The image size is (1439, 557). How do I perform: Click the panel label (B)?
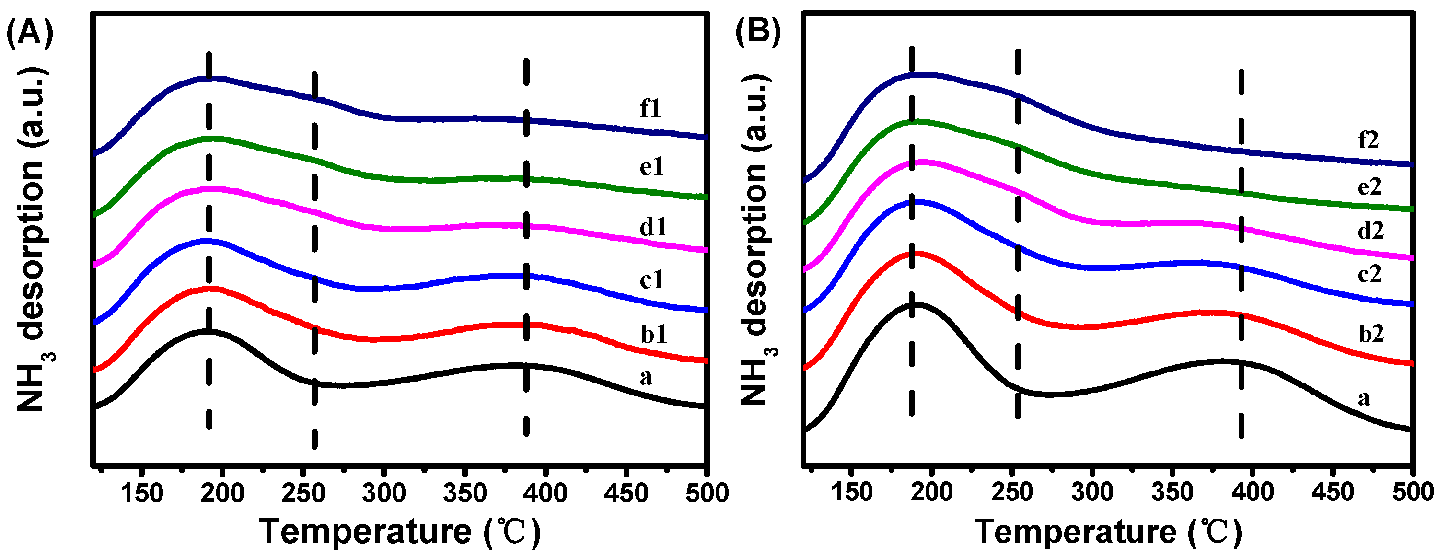coord(757,31)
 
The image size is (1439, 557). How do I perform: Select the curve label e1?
coord(651,166)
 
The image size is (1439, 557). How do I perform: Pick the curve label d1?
coord(653,227)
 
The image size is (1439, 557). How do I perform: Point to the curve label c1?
coord(651,279)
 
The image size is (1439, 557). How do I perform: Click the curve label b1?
coord(653,334)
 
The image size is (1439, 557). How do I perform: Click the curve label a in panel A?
coord(646,378)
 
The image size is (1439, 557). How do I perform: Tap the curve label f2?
coord(1368,139)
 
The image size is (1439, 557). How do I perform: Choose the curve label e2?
coord(1369,186)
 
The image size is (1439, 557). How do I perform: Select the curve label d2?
coord(1371,230)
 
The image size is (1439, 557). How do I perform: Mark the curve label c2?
coord(1369,274)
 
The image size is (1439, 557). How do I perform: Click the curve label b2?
coord(1371,334)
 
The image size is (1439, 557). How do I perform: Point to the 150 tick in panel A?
coord(142,493)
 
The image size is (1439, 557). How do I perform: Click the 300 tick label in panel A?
coord(384,493)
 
